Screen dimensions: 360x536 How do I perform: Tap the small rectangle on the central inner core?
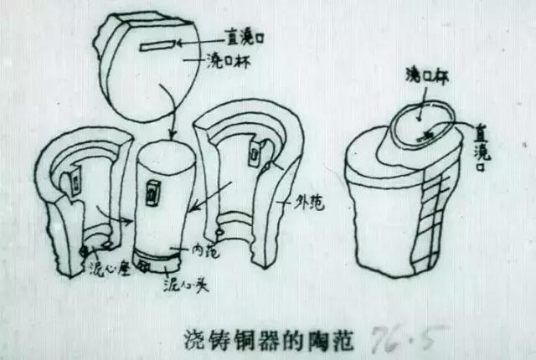pos(153,192)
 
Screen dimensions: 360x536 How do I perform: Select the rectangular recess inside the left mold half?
pos(75,177)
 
